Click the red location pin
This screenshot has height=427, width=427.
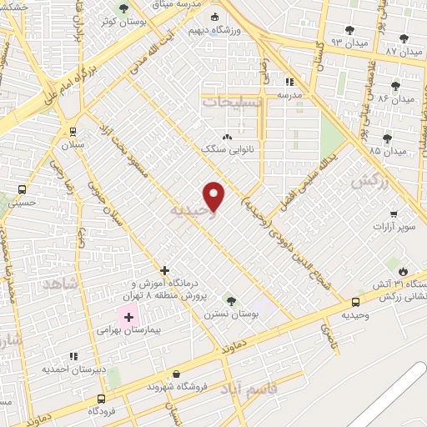tap(214, 196)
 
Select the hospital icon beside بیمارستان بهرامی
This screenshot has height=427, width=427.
tap(128, 317)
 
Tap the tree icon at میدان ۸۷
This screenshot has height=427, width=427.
tap(404, 38)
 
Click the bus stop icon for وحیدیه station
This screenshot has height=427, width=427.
tap(356, 302)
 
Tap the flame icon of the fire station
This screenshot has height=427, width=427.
tap(404, 271)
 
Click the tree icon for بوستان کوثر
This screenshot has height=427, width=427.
tap(123, 8)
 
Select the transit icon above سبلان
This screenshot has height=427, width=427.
tap(73, 131)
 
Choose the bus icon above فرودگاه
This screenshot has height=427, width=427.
tap(102, 399)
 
